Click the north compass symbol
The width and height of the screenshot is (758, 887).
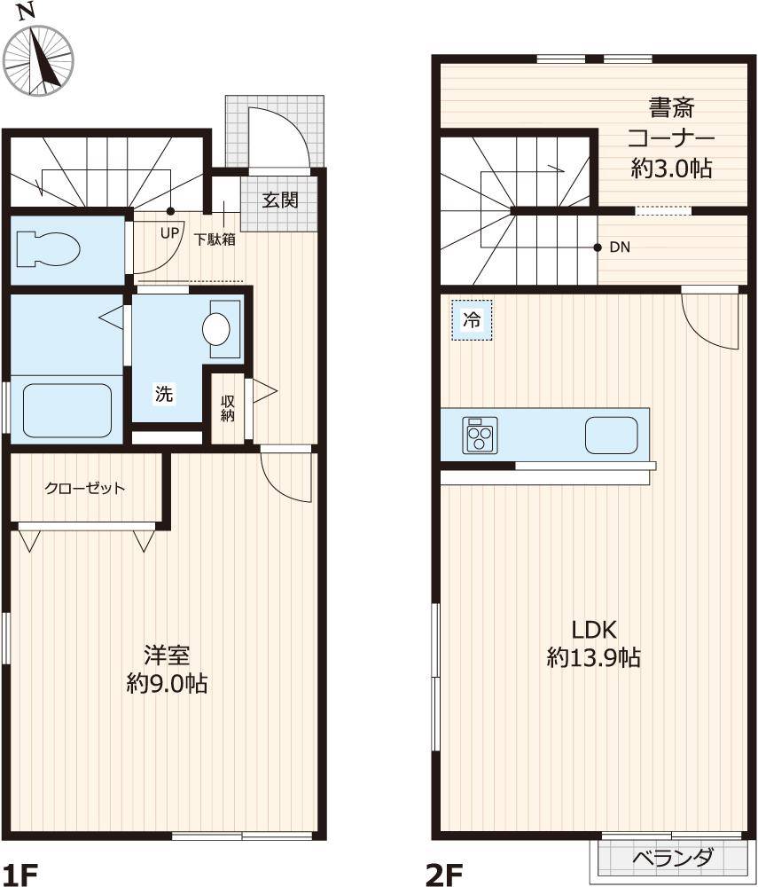37,57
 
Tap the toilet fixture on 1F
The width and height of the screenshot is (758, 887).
49,248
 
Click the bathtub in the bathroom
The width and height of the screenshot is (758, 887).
66,411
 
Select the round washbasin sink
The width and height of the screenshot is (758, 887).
217,329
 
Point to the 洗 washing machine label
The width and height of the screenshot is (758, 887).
164,394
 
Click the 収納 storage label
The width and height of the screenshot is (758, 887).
228,408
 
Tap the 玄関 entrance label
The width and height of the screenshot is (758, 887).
279,200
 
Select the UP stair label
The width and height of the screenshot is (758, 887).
169,233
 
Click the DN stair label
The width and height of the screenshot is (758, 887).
620,247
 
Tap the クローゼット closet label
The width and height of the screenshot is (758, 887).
84,488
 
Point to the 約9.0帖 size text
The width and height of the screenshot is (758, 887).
167,684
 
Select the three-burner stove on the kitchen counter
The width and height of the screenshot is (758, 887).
480,436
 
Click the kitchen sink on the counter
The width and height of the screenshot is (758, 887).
611,435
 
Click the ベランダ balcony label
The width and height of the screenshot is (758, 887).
673,858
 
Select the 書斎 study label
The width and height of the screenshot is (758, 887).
671,109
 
